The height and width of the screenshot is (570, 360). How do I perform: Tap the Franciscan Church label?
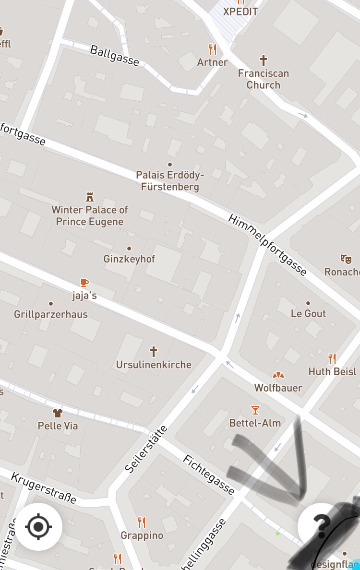[263, 79]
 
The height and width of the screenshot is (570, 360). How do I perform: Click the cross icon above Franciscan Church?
[263, 60]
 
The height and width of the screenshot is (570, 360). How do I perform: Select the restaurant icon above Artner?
[213, 49]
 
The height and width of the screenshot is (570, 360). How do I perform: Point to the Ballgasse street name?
[114, 55]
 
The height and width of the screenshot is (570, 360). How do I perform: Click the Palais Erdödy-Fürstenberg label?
[170, 180]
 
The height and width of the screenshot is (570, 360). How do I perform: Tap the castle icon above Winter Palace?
[89, 197]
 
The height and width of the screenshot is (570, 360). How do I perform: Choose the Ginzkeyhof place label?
[129, 259]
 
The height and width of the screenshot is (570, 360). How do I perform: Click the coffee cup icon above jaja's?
[84, 282]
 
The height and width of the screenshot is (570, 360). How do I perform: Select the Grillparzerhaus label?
[51, 314]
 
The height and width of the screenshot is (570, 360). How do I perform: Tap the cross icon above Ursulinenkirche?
[154, 352]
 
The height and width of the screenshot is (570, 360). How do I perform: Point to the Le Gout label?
[308, 313]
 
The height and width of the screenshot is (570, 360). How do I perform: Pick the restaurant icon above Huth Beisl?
[332, 358]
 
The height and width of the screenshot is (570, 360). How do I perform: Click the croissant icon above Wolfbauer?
[278, 375]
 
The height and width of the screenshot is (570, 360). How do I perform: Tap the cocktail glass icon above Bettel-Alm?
[255, 410]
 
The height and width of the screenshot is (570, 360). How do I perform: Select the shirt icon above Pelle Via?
[58, 413]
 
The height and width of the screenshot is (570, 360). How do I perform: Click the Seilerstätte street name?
[146, 450]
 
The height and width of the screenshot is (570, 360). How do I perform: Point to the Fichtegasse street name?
[208, 475]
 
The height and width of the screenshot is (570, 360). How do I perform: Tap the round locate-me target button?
[39, 527]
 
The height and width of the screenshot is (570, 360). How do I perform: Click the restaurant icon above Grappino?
[142, 522]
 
